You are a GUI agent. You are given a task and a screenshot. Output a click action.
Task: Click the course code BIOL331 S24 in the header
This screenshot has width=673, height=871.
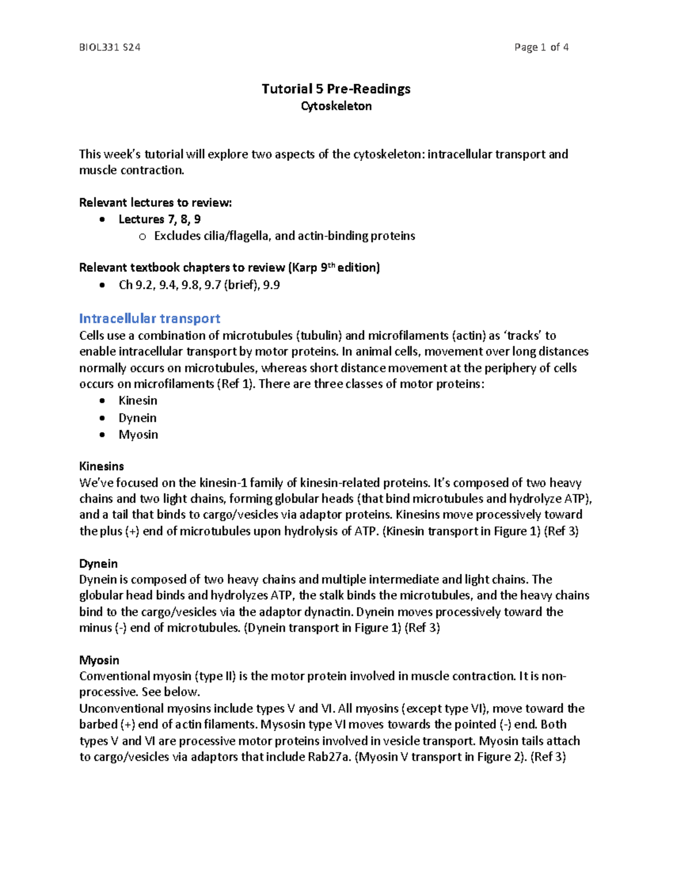[x=109, y=48]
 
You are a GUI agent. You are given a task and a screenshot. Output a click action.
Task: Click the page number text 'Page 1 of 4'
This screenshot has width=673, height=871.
[x=541, y=48]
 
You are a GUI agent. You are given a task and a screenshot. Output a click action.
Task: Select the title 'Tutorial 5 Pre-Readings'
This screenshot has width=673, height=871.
[x=336, y=89]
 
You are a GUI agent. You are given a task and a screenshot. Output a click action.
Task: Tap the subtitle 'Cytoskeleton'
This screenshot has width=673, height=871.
[x=336, y=106]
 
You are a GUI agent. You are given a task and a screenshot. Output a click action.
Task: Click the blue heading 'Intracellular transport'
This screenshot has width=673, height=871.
[x=149, y=319]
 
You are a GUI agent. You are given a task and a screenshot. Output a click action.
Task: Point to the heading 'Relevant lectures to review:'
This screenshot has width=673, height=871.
[x=155, y=202]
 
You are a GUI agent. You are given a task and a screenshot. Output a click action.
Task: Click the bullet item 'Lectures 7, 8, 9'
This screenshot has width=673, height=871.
[x=159, y=219]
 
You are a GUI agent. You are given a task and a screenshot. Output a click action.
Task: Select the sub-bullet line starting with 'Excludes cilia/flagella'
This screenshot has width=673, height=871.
[x=284, y=236]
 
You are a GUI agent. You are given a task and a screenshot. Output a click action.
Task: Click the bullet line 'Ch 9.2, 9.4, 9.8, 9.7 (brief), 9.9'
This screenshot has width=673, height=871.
[x=199, y=285]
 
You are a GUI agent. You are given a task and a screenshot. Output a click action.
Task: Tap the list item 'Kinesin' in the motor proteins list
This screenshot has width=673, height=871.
[x=137, y=400]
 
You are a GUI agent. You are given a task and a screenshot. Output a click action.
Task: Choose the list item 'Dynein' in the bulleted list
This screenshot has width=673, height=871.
[x=137, y=418]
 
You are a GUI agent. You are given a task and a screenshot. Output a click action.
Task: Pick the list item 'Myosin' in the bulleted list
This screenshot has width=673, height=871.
[x=138, y=435]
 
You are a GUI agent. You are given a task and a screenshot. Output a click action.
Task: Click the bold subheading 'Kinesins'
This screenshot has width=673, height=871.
[x=102, y=466]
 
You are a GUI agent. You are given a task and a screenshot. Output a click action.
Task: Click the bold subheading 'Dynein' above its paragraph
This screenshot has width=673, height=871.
[x=98, y=564]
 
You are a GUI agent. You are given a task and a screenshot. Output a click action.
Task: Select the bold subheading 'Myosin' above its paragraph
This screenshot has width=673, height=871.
[x=99, y=660]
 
